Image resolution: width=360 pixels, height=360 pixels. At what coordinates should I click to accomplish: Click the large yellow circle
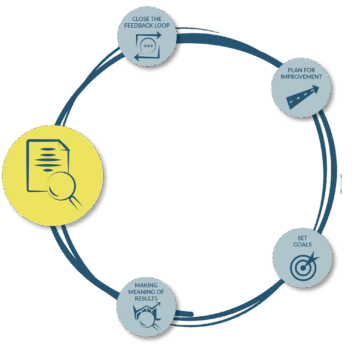(59, 170)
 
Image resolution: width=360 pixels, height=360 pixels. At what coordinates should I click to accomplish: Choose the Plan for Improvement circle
(301, 89)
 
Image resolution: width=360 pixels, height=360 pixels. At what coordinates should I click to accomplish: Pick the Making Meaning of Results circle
(148, 305)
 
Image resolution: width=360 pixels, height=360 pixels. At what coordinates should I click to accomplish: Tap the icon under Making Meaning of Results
(149, 316)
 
